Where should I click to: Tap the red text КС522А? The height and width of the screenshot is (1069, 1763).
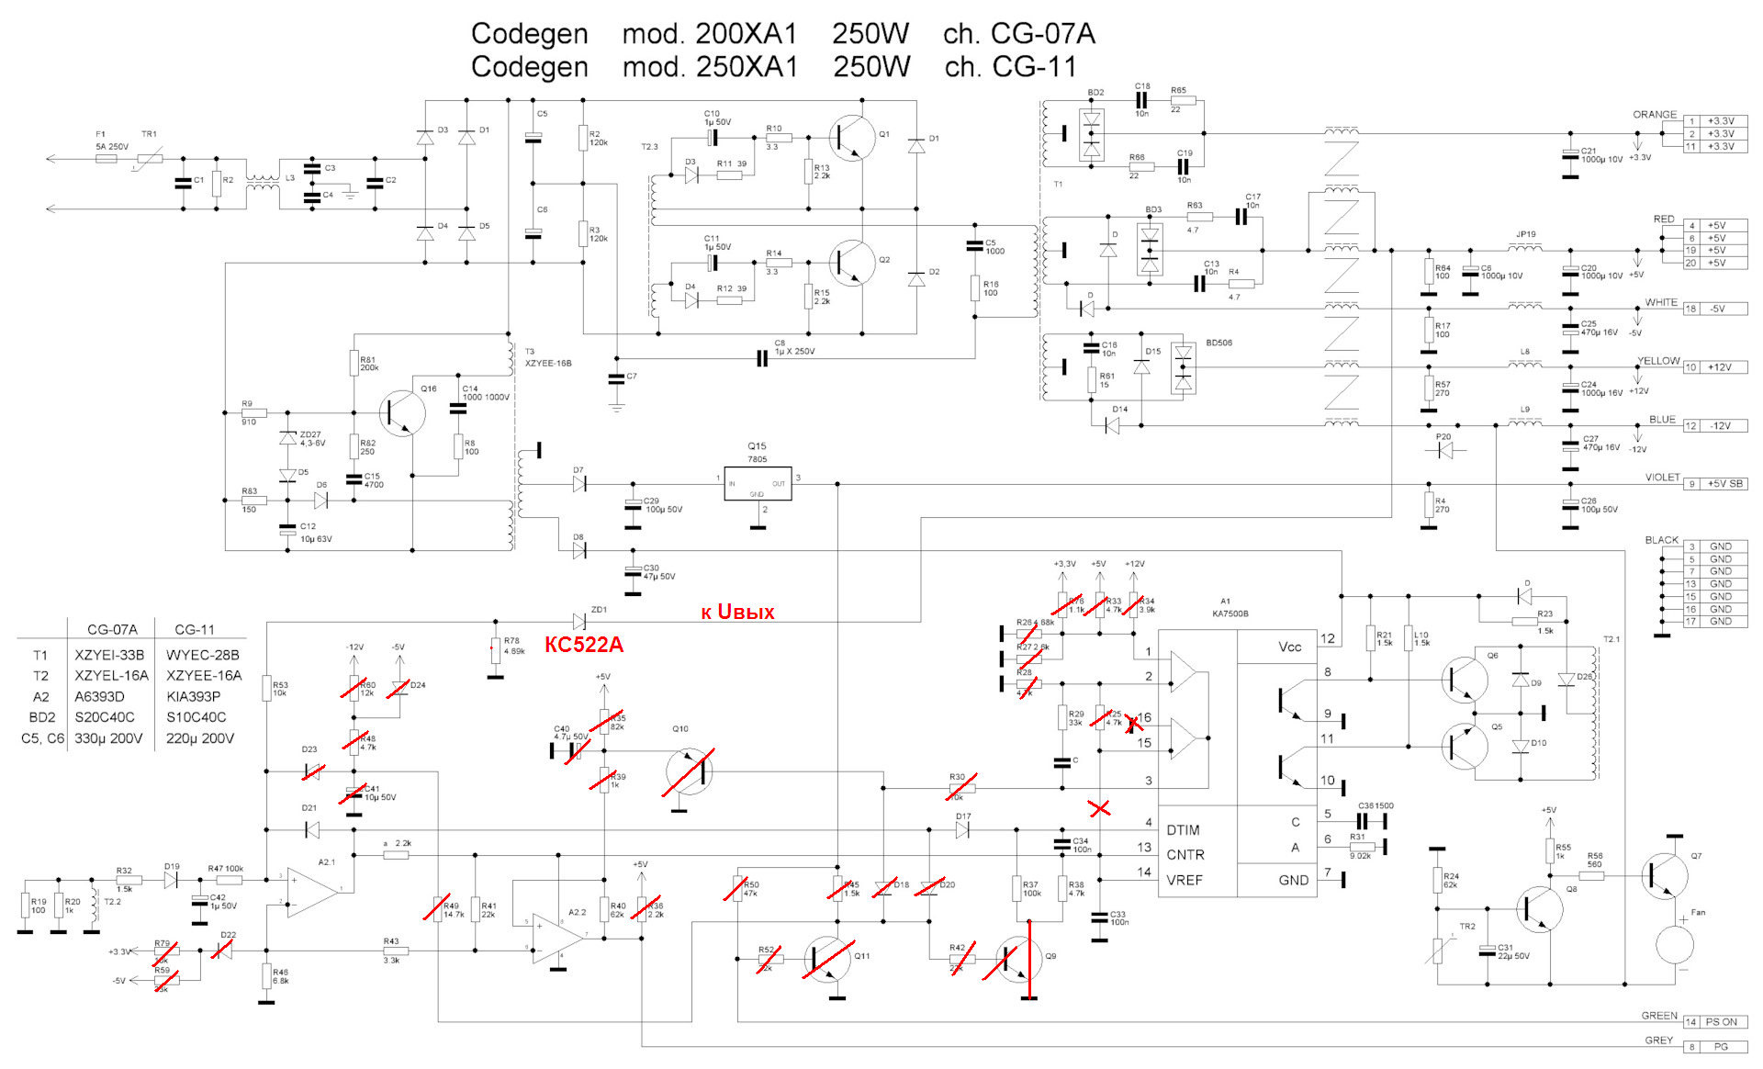584,645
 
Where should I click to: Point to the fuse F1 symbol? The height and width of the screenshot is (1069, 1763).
107,158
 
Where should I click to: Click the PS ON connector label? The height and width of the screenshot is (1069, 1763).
1721,1021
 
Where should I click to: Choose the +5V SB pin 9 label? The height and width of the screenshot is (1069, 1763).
1724,484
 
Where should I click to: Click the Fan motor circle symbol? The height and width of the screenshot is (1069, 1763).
1675,944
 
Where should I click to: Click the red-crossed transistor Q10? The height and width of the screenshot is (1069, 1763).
689,771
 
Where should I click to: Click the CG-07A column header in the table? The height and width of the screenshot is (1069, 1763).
112,629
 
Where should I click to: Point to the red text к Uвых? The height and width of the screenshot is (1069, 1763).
737,613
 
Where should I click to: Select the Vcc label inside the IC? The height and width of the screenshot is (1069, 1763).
1289,647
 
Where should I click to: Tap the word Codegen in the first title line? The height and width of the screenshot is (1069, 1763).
529,34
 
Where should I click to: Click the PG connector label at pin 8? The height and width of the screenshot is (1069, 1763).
1721,1046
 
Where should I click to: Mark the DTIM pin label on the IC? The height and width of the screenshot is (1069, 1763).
1183,830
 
